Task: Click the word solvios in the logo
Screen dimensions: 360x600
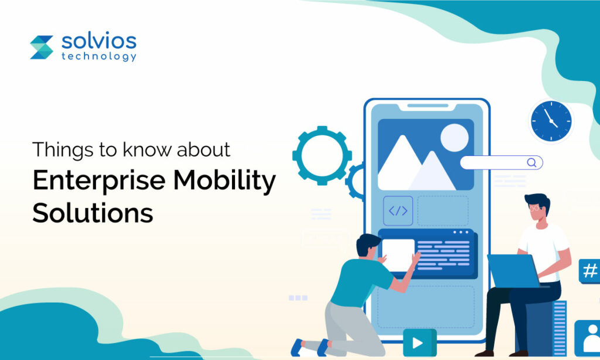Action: click(98, 41)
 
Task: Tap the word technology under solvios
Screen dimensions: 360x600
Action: click(98, 56)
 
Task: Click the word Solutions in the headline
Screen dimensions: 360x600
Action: click(93, 212)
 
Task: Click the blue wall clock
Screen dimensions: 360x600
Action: click(551, 121)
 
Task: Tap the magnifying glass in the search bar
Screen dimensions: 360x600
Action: click(531, 163)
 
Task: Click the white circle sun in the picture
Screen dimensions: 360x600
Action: click(454, 138)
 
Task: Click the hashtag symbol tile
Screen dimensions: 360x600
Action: click(589, 271)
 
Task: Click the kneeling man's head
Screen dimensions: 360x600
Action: click(369, 245)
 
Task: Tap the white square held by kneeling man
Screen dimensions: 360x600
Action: click(398, 255)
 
